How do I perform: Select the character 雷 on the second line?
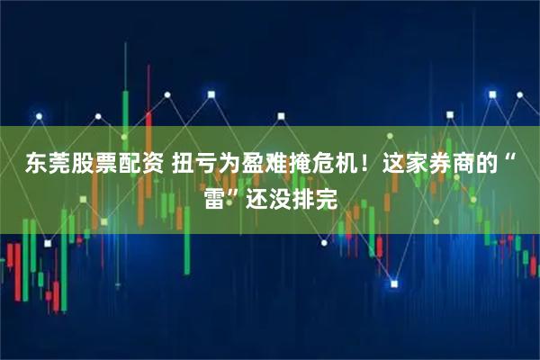click(x=215, y=197)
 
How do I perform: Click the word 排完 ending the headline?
click(x=314, y=197)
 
